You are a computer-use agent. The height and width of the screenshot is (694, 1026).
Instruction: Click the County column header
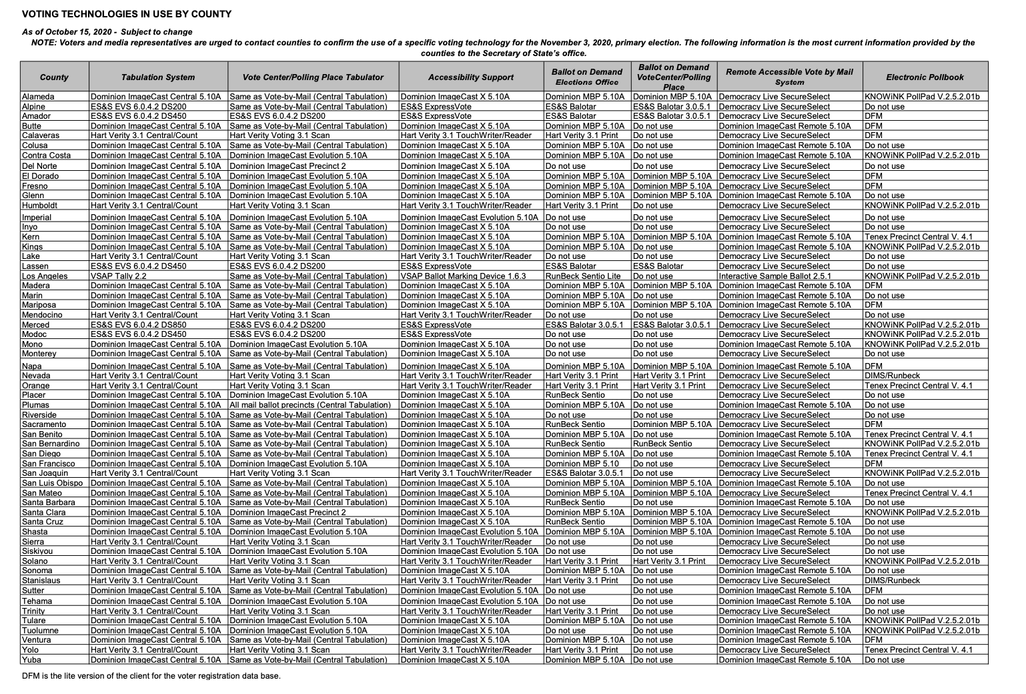[x=54, y=77]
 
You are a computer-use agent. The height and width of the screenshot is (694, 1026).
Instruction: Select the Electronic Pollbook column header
[x=925, y=77]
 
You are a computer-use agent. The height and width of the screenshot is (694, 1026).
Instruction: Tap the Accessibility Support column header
[x=471, y=77]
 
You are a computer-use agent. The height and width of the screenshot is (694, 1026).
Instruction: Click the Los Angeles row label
[x=45, y=276]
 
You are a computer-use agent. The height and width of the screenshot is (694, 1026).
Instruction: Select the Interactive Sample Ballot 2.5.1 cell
[x=775, y=276]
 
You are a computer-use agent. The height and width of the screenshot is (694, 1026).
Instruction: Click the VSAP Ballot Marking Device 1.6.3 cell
[x=463, y=276]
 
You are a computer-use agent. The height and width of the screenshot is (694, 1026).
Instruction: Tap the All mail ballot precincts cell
[x=310, y=405]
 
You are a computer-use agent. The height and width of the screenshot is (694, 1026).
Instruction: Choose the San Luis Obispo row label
[x=53, y=483]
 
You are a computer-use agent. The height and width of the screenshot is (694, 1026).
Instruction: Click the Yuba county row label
[x=31, y=660]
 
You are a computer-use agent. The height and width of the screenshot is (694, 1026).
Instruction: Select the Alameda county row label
[x=38, y=97]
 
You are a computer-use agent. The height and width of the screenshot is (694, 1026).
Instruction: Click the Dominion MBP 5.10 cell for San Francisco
[x=582, y=464]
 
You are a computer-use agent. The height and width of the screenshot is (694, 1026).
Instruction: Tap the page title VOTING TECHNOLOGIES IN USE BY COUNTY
[x=127, y=14]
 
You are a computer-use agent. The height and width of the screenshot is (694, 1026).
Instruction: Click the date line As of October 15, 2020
[x=107, y=32]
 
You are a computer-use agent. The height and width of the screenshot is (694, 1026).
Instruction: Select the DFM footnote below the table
[x=151, y=676]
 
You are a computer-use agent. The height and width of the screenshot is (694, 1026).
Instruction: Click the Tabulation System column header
[x=158, y=77]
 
